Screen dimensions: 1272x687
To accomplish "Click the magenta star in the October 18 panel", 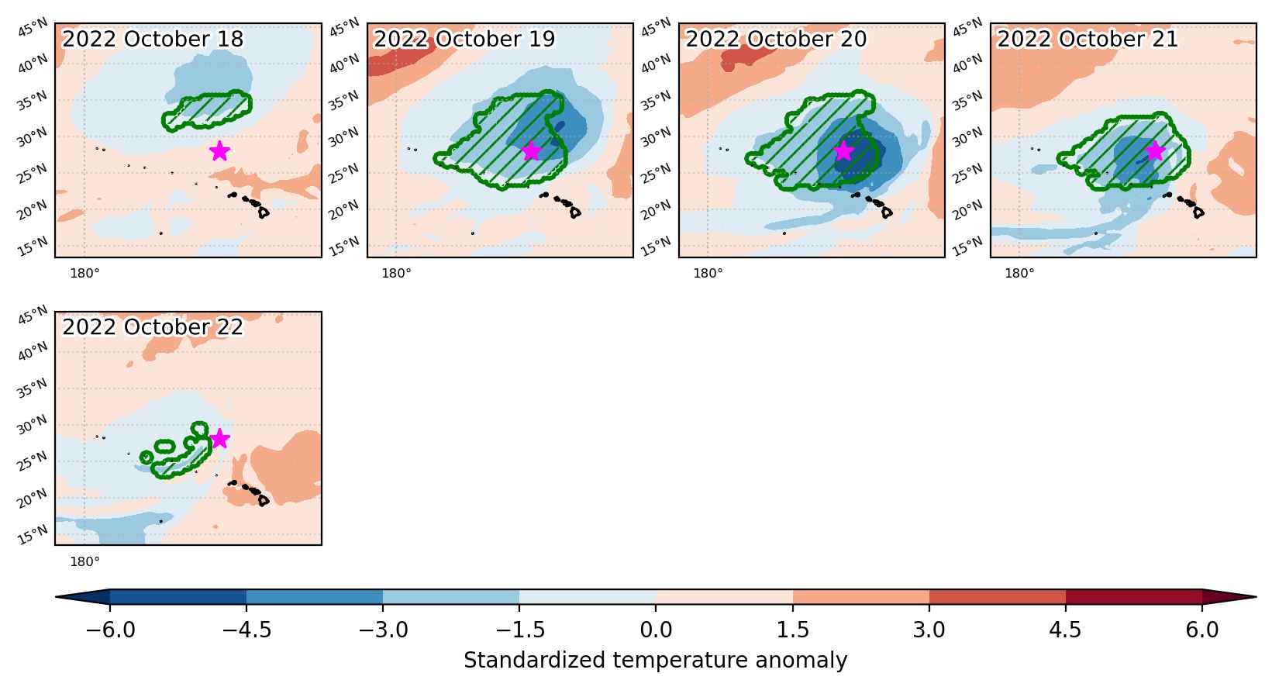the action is tap(219, 151).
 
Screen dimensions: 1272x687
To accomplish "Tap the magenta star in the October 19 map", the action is tap(531, 151).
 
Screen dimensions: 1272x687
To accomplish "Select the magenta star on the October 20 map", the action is tap(843, 151).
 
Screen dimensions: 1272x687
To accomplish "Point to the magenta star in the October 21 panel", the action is tap(1154, 151).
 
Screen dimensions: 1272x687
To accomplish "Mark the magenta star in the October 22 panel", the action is tap(219, 439).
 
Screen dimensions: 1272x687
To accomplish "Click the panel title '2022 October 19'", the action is tap(464, 40).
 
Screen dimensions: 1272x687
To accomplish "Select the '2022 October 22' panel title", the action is tap(153, 327).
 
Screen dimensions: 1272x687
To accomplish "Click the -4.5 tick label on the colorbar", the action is tap(246, 630).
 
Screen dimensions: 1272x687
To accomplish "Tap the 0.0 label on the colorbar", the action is tap(656, 630).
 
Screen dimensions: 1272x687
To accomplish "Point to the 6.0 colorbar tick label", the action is tap(1202, 630).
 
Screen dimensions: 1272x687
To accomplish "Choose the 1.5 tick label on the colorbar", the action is tap(793, 630).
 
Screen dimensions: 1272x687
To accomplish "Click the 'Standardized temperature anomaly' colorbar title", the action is tap(655, 661).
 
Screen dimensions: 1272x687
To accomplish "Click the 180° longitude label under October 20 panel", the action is tap(708, 273).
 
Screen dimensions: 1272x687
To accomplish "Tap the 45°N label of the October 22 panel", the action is tap(33, 315).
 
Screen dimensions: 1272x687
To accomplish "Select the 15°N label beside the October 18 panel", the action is tap(33, 247).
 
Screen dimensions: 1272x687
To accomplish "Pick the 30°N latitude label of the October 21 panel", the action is tap(967, 137).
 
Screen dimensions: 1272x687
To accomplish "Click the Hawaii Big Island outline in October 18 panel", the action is tap(263, 213).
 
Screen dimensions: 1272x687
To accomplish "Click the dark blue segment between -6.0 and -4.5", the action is tap(178, 597).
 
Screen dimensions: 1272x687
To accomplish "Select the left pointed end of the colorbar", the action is tap(56, 597).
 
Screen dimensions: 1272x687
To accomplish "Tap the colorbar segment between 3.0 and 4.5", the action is tap(998, 597).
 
